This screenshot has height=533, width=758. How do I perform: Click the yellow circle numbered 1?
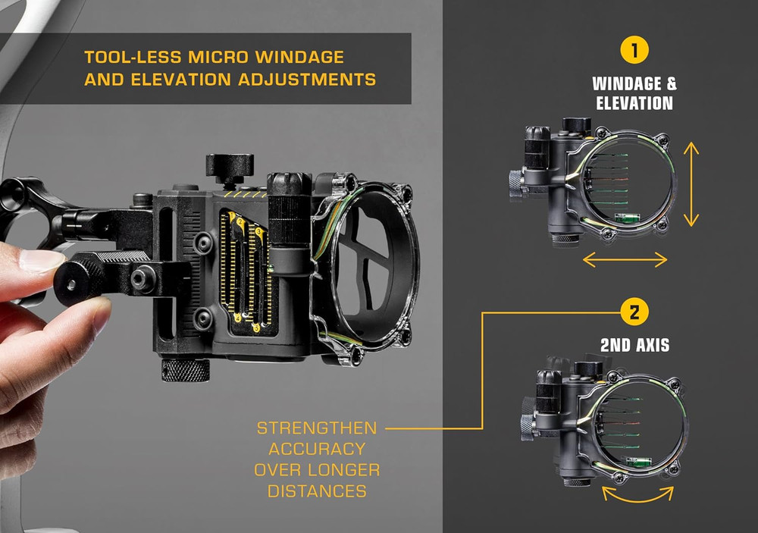point(634,52)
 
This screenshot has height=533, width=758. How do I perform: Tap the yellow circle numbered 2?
point(634,312)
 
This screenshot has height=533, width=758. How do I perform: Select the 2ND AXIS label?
point(634,345)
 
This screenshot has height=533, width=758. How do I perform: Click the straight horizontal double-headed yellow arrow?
point(625,260)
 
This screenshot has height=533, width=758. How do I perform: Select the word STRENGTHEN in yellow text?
point(317,428)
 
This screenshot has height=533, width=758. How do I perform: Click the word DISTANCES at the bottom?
point(317,491)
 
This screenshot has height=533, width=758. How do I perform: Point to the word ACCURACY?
point(317,449)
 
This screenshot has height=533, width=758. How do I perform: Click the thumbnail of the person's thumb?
point(42,262)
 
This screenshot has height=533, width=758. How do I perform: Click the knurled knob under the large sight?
point(185,369)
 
